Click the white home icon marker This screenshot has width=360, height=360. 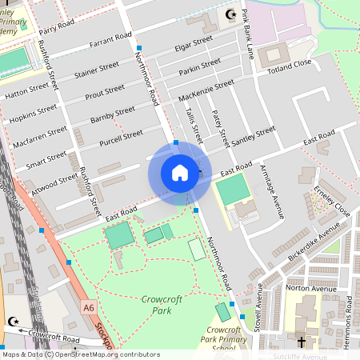(180, 173)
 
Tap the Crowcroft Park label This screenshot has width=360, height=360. (151, 304)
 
